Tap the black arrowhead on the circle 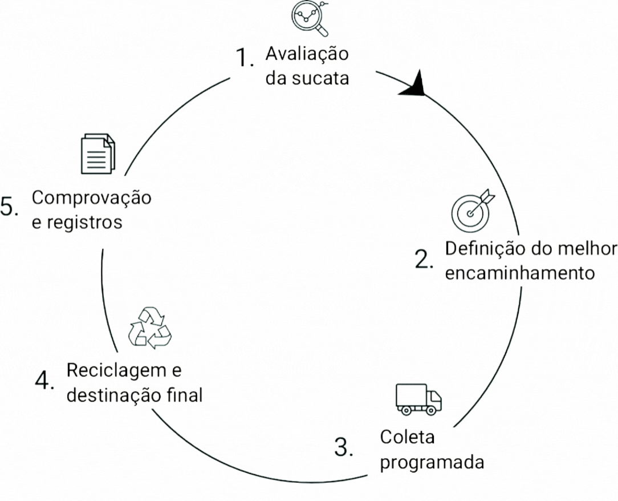(x=414, y=84)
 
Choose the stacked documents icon (x=98, y=153)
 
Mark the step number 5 (x=9, y=207)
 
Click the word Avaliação (x=307, y=55)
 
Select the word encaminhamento (x=519, y=273)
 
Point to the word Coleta (x=407, y=438)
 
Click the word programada (x=432, y=462)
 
